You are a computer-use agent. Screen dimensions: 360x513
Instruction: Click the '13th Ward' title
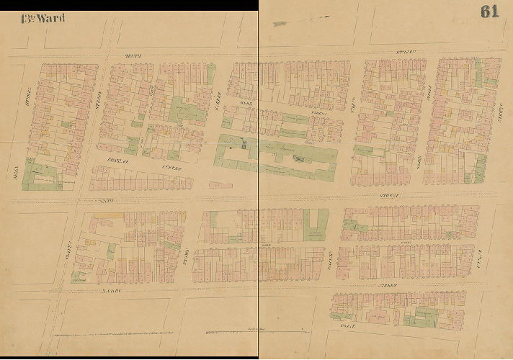pos(43,17)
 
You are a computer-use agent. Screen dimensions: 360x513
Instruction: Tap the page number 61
pos(489,12)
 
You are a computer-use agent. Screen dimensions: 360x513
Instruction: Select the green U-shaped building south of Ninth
pos(313,228)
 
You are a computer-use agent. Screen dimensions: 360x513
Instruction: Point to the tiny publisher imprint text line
pos(144,337)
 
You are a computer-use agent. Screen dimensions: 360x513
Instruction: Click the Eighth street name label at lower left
pos(109,290)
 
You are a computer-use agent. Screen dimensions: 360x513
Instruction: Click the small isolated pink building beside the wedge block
pos(220,185)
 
